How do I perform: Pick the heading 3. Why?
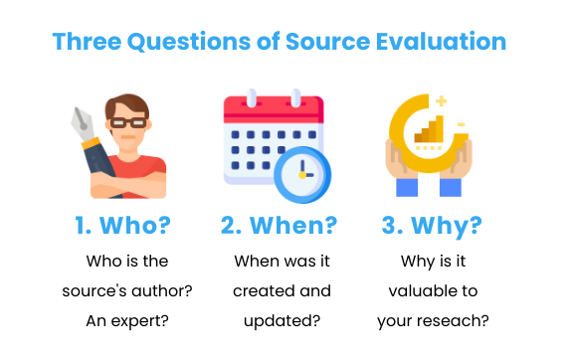click(x=433, y=226)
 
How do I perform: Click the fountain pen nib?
click(x=83, y=125)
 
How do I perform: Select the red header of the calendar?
click(x=274, y=108)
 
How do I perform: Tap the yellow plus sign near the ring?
click(x=440, y=99)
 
